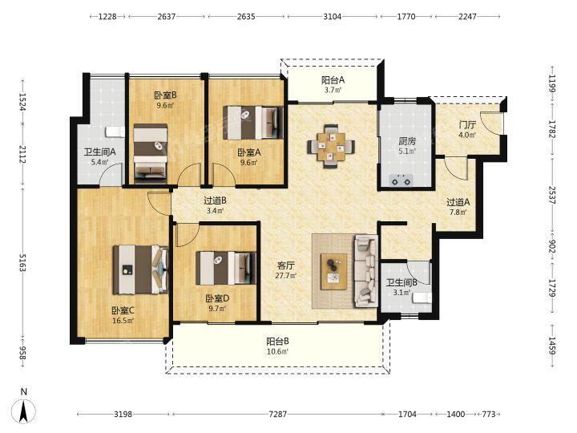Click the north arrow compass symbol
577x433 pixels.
click(x=24, y=411)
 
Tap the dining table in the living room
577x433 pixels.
click(x=331, y=146)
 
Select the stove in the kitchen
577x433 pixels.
click(x=401, y=180)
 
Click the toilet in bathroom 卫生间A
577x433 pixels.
click(x=113, y=132)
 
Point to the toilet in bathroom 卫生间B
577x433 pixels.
click(x=422, y=297)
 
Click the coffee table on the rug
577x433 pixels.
click(x=333, y=271)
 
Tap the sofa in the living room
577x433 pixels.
click(x=365, y=271)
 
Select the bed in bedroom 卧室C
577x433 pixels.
click(x=140, y=270)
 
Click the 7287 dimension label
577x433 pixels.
click(x=277, y=415)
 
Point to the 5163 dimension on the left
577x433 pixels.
click(x=22, y=262)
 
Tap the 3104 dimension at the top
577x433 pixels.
click(x=333, y=17)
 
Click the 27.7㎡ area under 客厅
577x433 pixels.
click(x=286, y=275)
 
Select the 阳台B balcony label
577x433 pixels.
click(x=277, y=342)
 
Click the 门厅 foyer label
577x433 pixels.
click(x=467, y=125)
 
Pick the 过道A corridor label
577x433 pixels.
click(x=458, y=202)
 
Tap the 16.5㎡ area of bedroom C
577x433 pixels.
click(x=123, y=320)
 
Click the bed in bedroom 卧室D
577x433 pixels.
click(x=225, y=268)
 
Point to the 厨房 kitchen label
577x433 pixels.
click(x=407, y=141)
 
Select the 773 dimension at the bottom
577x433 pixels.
click(x=488, y=415)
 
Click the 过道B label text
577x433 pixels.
click(x=215, y=200)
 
